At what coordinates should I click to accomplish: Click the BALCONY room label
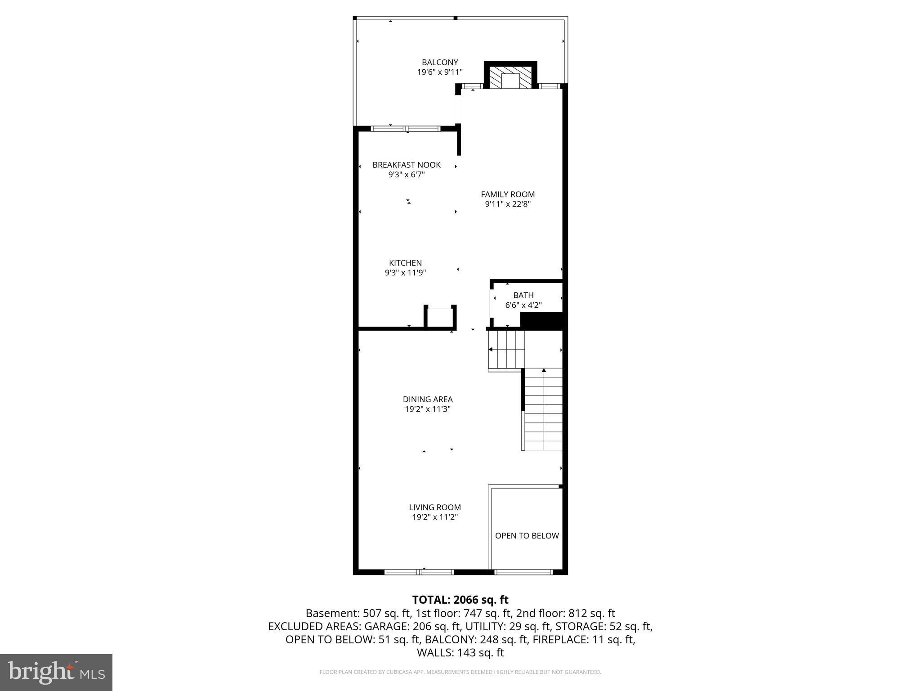[x=439, y=63]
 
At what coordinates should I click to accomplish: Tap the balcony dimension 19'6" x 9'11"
[x=439, y=72]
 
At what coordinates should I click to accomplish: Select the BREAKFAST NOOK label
[x=406, y=165]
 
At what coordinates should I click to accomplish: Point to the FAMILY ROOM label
[x=507, y=194]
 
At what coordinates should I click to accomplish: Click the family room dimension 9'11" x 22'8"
[x=507, y=204]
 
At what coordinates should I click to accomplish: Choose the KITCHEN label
[x=405, y=263]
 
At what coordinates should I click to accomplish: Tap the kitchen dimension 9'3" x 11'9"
[x=405, y=273]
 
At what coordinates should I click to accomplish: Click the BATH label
[x=523, y=296]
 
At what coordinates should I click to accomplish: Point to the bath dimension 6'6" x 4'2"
[x=523, y=305]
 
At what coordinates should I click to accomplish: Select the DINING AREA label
[x=427, y=399]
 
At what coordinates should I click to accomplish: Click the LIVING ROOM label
[x=434, y=507]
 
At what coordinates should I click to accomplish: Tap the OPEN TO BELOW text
[x=527, y=536]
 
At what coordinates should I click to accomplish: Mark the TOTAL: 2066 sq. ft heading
[x=460, y=600]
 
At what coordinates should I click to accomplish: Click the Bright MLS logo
[x=56, y=672]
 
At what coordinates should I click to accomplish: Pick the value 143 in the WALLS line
[x=466, y=653]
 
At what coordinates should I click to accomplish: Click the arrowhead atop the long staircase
[x=544, y=370]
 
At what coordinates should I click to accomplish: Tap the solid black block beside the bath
[x=541, y=320]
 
